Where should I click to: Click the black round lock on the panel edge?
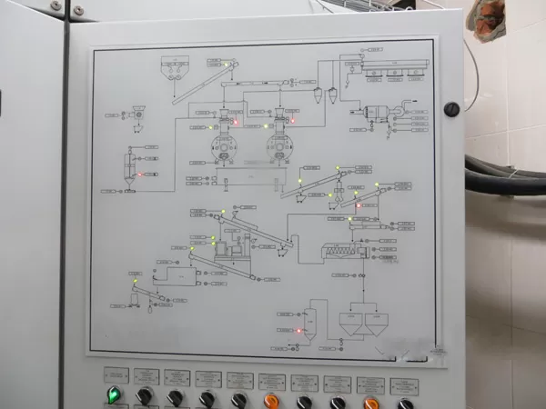(450, 109)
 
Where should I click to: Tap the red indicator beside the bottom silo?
(299, 331)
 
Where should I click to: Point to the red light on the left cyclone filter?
(142, 173)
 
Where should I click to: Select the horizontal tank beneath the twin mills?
(248, 177)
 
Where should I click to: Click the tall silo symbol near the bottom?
(309, 324)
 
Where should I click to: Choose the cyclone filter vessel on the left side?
(129, 167)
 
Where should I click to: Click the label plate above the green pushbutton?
(116, 374)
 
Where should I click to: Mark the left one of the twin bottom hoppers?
(350, 322)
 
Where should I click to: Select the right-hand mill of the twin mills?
(280, 142)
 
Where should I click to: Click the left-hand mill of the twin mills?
(223, 142)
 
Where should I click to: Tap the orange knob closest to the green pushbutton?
(270, 400)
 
